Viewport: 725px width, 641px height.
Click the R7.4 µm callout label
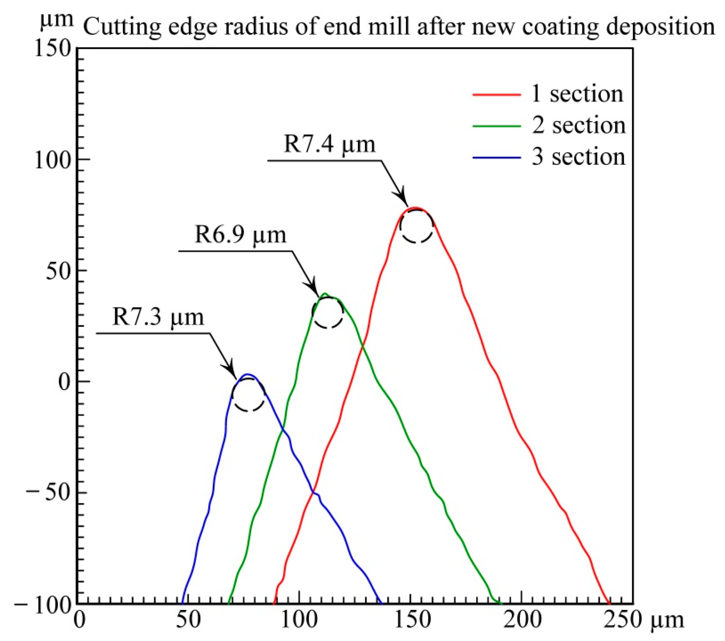(329, 144)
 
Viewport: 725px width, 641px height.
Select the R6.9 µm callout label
(240, 235)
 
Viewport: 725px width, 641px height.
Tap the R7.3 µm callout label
(158, 317)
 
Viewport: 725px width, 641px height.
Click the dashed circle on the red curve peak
(416, 226)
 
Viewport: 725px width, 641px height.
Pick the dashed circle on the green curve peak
(328, 313)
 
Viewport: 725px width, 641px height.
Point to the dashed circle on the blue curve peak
(248, 395)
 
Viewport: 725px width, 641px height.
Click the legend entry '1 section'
(577, 94)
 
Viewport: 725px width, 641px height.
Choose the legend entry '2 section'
(578, 125)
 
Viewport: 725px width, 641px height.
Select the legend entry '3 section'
(578, 157)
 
